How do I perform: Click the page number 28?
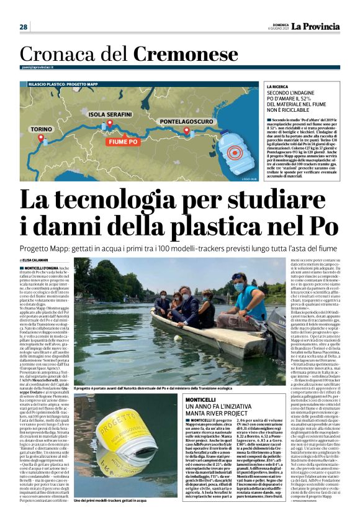click(24, 27)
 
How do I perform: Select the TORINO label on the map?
click(42, 130)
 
